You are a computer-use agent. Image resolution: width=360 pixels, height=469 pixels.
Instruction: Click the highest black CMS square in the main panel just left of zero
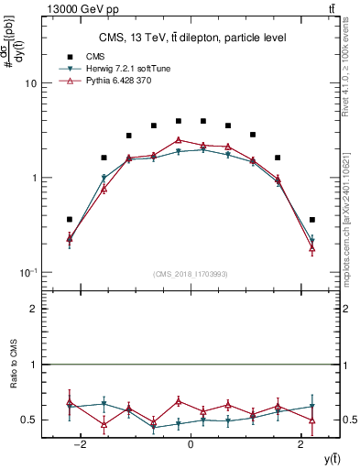[178, 121]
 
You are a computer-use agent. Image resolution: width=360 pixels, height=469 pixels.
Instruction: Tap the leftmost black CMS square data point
[70, 219]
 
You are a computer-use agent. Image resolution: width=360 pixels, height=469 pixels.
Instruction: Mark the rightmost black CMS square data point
[312, 220]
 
